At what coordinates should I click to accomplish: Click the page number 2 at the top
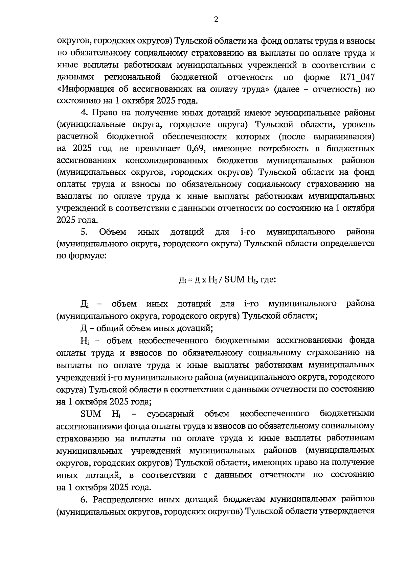(x=216, y=20)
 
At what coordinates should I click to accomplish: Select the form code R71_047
(x=357, y=77)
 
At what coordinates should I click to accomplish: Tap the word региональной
(x=132, y=77)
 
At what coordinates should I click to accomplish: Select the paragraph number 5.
(x=84, y=232)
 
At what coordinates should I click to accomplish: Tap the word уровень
(x=358, y=125)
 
